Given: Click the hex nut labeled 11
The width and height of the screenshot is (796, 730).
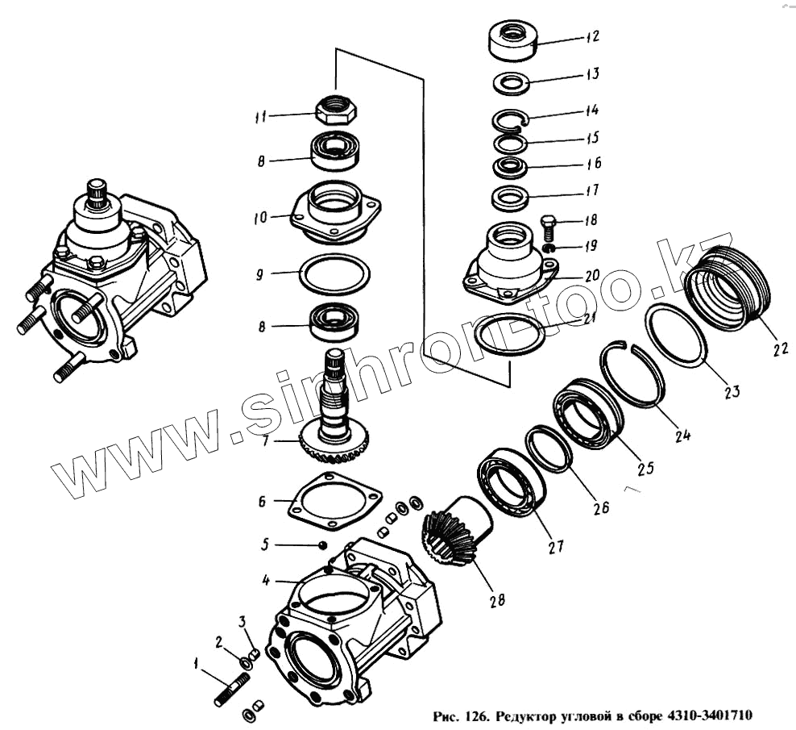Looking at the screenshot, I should click(x=334, y=109).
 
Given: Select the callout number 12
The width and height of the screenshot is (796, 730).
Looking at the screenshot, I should click(x=592, y=37).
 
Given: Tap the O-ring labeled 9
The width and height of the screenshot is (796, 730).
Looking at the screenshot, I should click(x=335, y=275).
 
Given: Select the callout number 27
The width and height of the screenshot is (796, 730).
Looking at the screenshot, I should click(x=554, y=545).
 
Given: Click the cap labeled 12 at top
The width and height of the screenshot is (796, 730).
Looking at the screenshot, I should click(x=512, y=42).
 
